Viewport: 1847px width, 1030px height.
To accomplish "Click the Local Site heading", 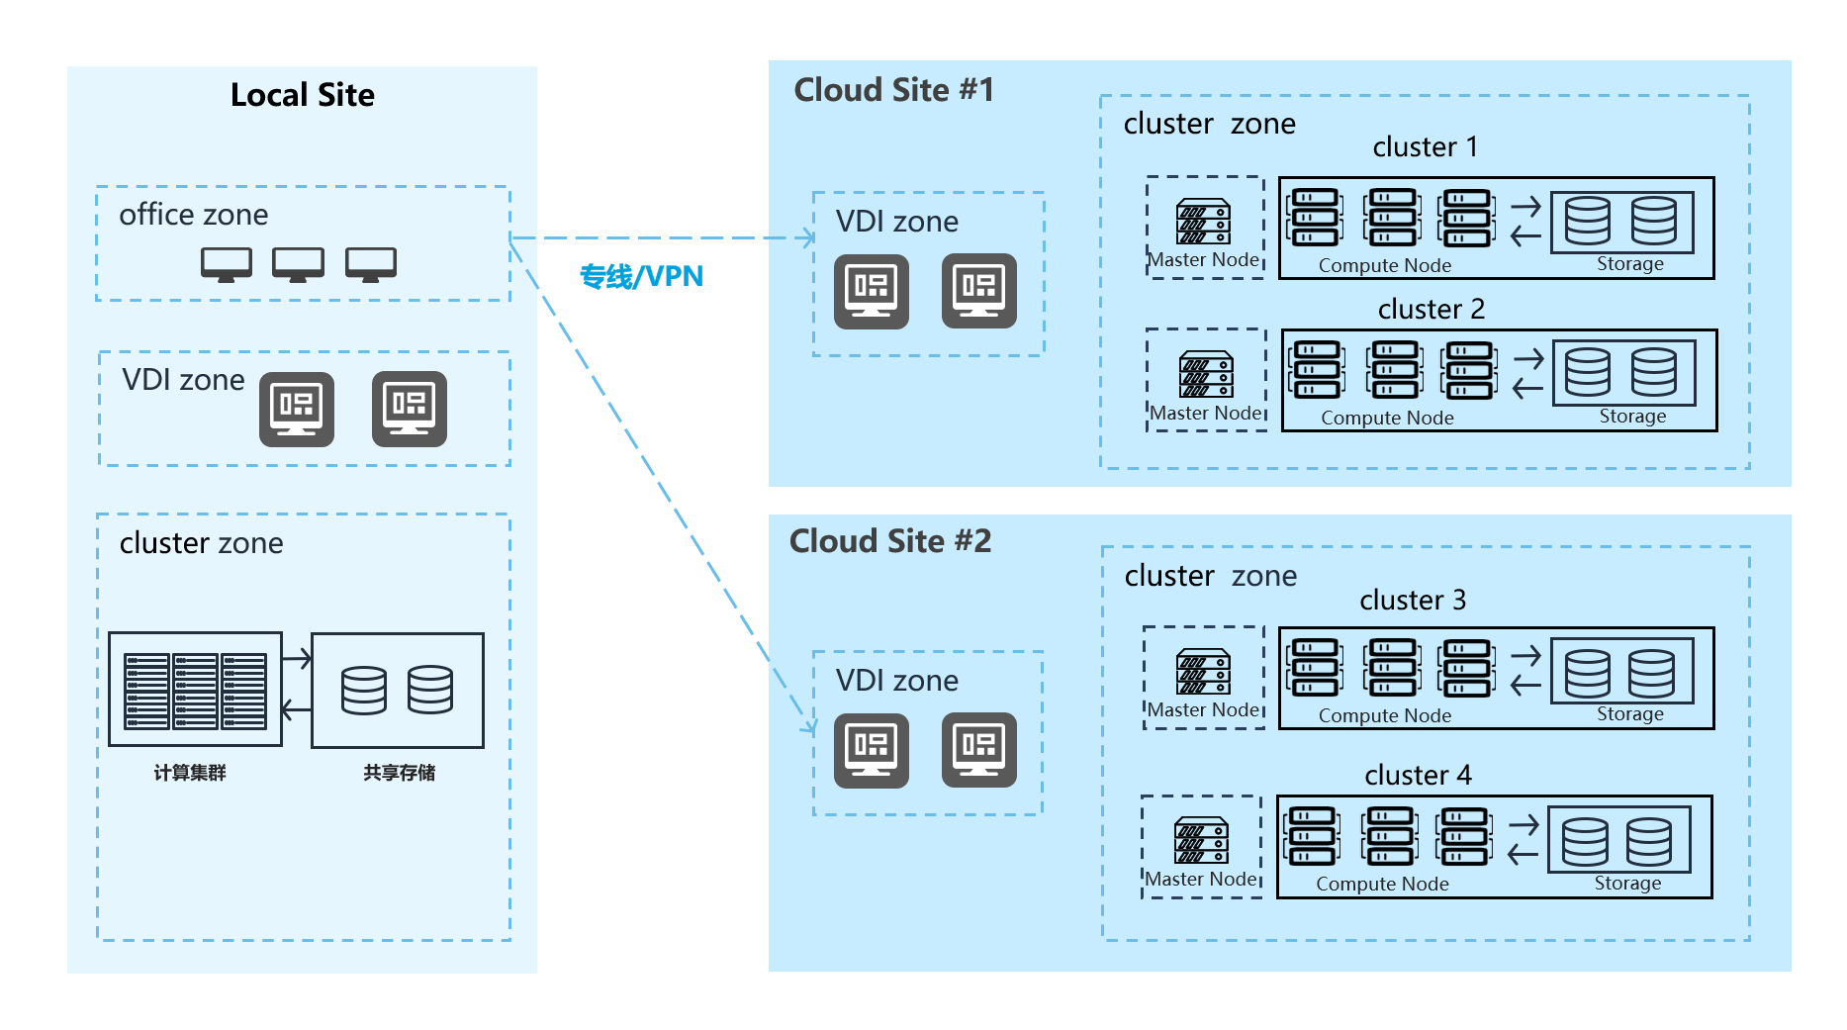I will (302, 95).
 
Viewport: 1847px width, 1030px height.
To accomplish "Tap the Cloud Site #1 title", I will (893, 90).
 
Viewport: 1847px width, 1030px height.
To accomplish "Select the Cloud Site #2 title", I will (889, 541).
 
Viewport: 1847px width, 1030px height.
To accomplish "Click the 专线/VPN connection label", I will (641, 276).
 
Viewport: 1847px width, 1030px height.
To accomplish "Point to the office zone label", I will (193, 215).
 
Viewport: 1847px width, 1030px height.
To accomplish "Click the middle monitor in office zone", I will (298, 264).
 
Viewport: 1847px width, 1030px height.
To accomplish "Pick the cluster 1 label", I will (1425, 147).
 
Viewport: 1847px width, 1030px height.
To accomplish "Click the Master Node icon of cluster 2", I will (1206, 374).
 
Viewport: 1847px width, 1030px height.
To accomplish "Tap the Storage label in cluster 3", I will (1629, 714).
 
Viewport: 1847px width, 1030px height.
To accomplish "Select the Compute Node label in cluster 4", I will (1382, 884).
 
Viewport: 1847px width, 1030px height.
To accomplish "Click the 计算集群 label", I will (190, 773).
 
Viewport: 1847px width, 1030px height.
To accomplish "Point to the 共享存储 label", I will (399, 773).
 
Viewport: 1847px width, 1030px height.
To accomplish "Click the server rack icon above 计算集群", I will (195, 690).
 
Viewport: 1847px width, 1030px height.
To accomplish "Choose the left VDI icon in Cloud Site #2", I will (871, 750).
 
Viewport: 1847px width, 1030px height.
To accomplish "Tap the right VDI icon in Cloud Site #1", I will (978, 291).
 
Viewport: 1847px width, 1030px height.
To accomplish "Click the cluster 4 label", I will (1418, 775).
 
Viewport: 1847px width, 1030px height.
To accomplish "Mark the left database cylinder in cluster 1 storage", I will (1588, 221).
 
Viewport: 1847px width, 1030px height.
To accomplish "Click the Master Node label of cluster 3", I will (1203, 709).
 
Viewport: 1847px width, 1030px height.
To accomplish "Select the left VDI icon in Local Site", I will (296, 409).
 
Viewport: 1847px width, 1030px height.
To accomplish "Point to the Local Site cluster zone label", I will (201, 543).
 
